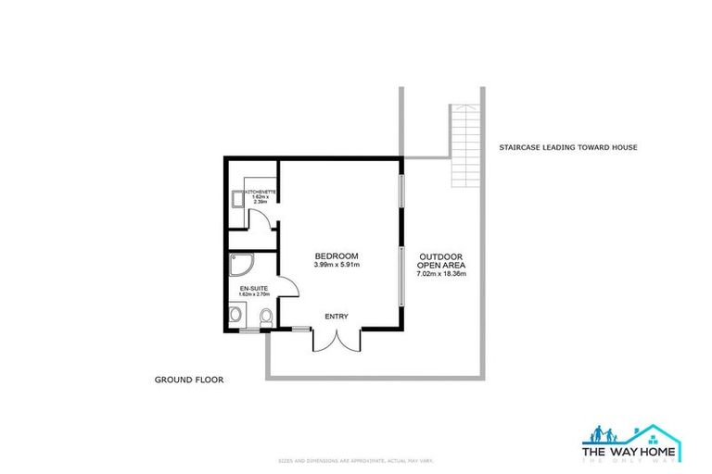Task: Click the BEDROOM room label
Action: pyautogui.click(x=336, y=256)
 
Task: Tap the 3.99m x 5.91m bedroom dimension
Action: pyautogui.click(x=336, y=266)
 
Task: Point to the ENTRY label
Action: pyautogui.click(x=336, y=317)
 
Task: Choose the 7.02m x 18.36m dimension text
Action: pyautogui.click(x=441, y=274)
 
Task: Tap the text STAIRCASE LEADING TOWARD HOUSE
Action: pyautogui.click(x=568, y=147)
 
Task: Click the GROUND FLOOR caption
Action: pyautogui.click(x=190, y=380)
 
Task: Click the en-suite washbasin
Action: pyautogui.click(x=235, y=318)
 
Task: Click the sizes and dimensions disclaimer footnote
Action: pyautogui.click(x=355, y=460)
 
